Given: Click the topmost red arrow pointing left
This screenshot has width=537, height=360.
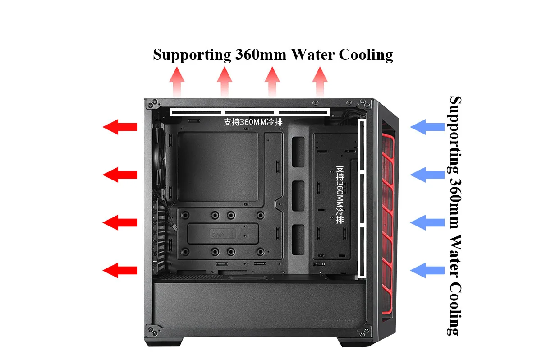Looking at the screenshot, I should pos(120,127).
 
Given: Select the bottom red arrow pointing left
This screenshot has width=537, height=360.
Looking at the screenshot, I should pos(120,270).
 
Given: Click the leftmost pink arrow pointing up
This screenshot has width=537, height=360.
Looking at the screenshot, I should pos(177,81).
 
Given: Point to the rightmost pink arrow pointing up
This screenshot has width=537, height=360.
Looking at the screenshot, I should pos(320,81).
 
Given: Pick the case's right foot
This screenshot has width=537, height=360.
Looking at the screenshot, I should pos(352,343).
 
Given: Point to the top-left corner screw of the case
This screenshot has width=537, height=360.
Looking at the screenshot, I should pos(150,105).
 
